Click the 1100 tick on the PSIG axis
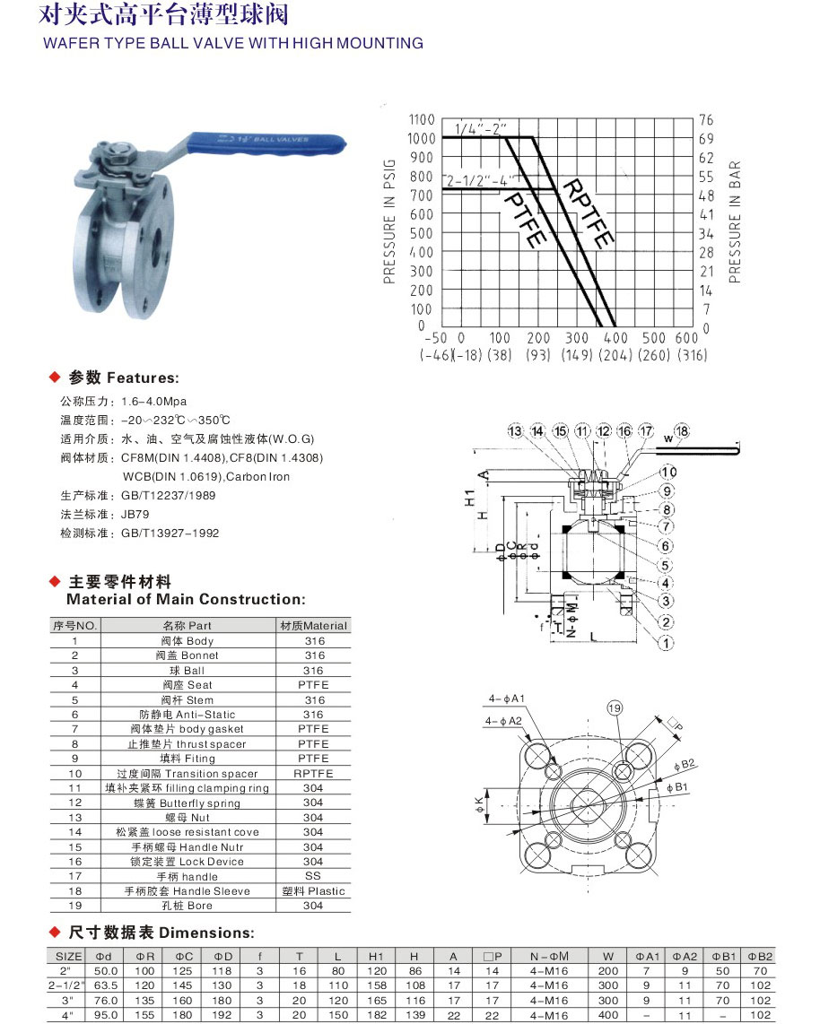(x=422, y=119)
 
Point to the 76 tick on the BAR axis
(x=706, y=119)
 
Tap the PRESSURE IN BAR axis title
(x=735, y=221)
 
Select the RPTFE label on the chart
(x=588, y=213)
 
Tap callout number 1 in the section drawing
(x=667, y=643)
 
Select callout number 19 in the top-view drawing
(x=615, y=708)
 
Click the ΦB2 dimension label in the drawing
(x=687, y=764)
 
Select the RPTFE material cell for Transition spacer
(x=313, y=773)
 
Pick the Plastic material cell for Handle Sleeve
(x=313, y=890)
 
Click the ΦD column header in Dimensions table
(x=223, y=956)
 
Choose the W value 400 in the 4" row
(x=609, y=1015)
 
